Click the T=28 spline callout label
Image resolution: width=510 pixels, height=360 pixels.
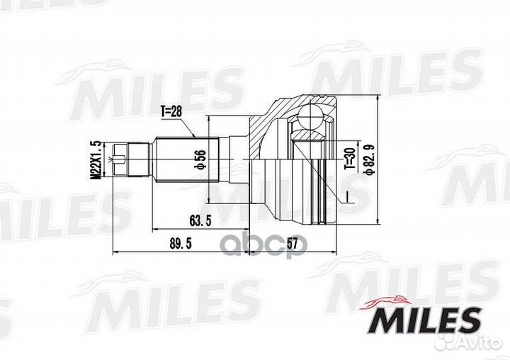[x=171, y=112]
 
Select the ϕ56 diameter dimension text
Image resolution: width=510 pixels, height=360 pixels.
[x=200, y=159]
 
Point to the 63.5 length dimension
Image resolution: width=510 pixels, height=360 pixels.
[x=200, y=220]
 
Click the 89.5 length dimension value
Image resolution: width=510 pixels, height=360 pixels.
[x=181, y=244]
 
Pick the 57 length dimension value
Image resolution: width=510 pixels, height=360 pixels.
[x=292, y=244]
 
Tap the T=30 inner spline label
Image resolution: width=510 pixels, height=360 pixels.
[x=350, y=158]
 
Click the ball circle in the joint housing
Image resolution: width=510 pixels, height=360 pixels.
[x=311, y=117]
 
